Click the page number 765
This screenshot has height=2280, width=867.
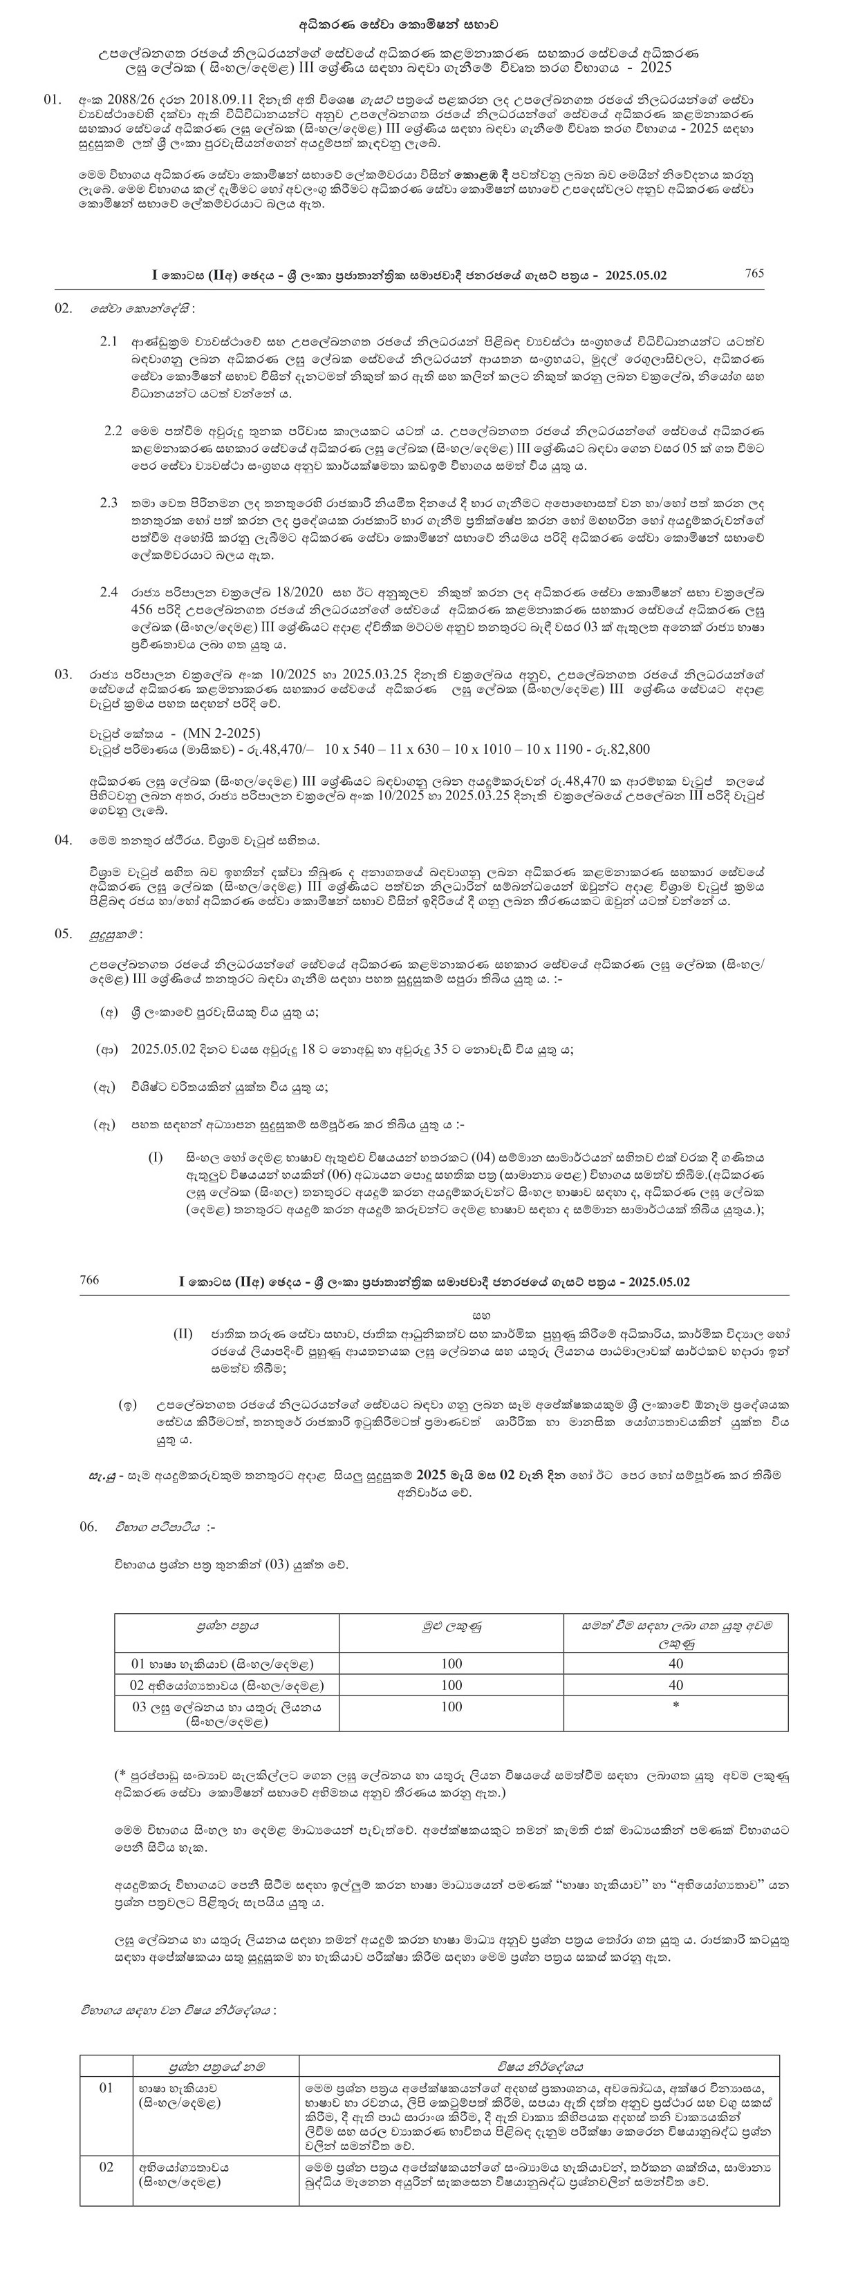[754, 274]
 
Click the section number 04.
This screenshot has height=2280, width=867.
[63, 839]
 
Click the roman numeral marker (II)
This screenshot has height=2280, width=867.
[183, 1333]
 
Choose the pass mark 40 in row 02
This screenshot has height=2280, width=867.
[675, 1685]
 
